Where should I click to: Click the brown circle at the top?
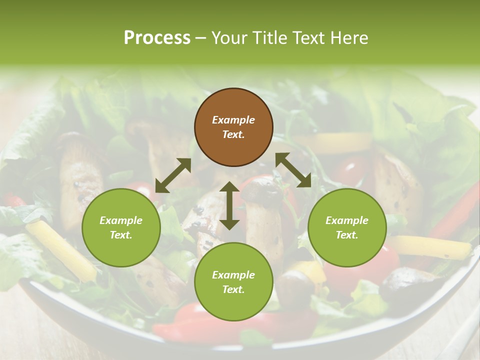233,127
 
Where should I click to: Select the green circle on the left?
121,228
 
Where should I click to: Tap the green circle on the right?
347,228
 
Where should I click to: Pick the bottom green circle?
233,282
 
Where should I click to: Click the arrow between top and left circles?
173,175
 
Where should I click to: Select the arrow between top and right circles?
293,170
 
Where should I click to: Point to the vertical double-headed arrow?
229,205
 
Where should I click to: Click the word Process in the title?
157,38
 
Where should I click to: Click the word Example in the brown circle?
233,120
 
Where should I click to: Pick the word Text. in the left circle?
121,235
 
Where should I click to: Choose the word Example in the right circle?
347,220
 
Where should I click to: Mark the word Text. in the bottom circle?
233,289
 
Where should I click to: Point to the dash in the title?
201,38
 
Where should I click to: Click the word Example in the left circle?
121,220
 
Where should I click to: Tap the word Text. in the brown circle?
233,135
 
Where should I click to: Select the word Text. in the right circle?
347,235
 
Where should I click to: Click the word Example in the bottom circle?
233,275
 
